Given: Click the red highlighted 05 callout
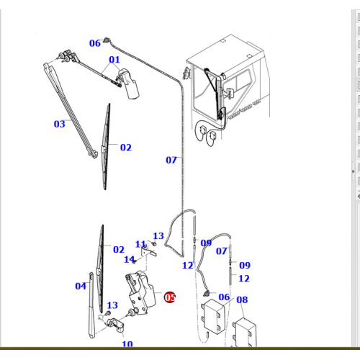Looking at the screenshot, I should click(170, 297).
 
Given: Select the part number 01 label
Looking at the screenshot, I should click(114, 60).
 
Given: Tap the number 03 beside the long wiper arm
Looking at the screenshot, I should click(60, 124).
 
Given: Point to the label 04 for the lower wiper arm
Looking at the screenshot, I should click(81, 286).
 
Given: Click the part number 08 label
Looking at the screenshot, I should click(242, 300).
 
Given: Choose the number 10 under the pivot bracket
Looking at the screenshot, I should click(127, 344).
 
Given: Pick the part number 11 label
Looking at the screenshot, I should click(140, 244).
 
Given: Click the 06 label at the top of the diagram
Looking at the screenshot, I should click(95, 43).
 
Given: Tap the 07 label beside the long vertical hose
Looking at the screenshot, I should click(171, 160).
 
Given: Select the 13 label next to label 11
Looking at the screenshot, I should click(158, 236).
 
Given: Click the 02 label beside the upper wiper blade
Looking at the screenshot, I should click(126, 148).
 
